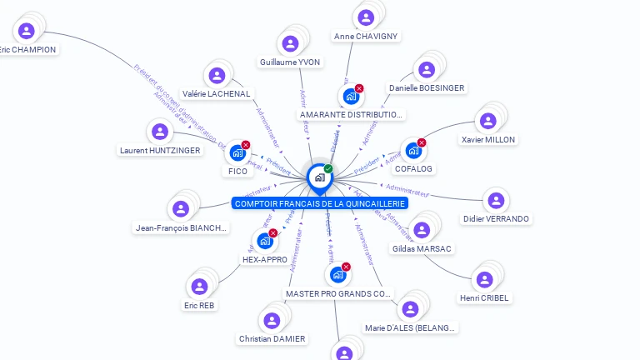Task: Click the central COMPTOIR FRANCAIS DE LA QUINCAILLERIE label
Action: click(320, 203)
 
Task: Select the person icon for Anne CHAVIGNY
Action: click(365, 17)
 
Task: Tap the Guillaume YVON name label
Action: click(290, 62)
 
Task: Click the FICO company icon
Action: click(237, 152)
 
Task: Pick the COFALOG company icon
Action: click(412, 151)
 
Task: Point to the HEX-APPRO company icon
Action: click(264, 241)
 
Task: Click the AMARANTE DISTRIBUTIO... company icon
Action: click(350, 96)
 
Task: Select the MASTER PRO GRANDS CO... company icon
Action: click(337, 274)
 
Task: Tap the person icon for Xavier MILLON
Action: click(487, 119)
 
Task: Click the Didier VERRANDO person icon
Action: click(496, 200)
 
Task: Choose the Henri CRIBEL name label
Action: click(485, 297)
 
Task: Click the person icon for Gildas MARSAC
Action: click(422, 229)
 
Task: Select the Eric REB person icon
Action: click(199, 287)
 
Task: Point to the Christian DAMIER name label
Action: click(272, 339)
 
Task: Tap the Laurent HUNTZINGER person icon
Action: click(159, 132)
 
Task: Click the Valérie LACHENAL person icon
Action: click(217, 75)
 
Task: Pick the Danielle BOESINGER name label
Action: click(427, 87)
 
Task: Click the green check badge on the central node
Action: click(328, 168)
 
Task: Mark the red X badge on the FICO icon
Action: click(246, 145)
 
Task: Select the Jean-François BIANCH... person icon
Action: click(180, 208)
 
